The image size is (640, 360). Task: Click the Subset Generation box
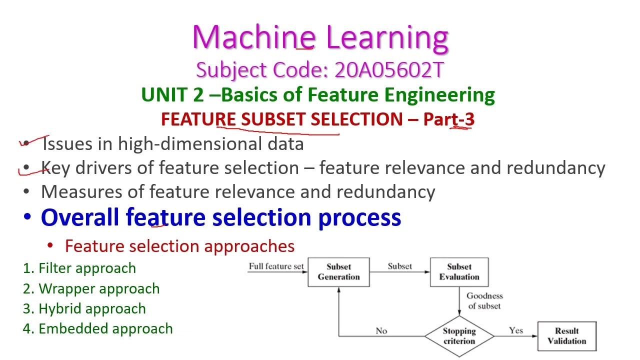(x=338, y=272)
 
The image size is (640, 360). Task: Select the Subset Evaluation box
(x=459, y=272)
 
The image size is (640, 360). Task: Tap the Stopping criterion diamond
(x=459, y=336)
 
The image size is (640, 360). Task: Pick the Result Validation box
(x=566, y=336)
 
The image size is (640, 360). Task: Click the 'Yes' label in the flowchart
(x=515, y=330)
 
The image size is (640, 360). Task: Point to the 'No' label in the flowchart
(x=381, y=330)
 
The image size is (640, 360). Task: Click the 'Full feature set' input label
(x=276, y=266)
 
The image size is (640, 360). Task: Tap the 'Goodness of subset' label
(x=484, y=300)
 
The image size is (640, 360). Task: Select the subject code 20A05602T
(x=389, y=70)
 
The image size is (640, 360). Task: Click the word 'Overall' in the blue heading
(x=80, y=217)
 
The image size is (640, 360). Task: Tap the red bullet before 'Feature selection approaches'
(x=50, y=245)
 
